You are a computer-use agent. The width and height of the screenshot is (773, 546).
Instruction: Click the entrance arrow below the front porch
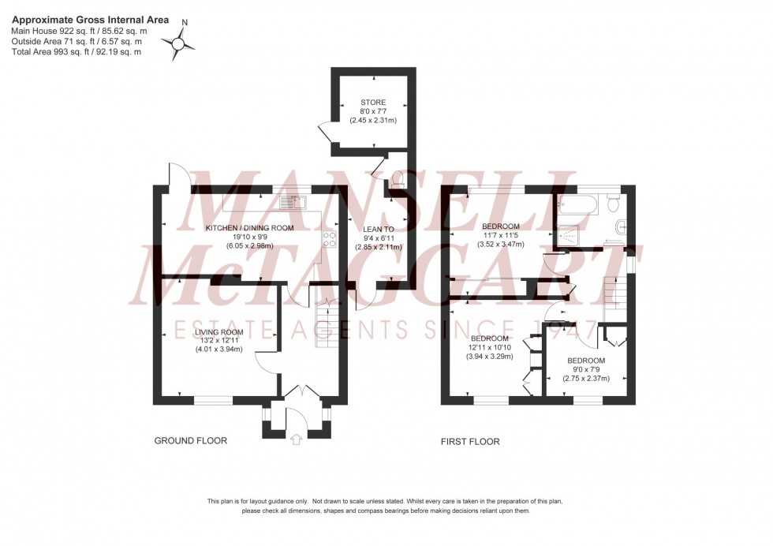(x=297, y=439)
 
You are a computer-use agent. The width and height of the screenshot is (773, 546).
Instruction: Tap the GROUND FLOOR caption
(x=190, y=441)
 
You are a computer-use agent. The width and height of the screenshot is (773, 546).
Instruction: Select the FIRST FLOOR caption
(x=470, y=442)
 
